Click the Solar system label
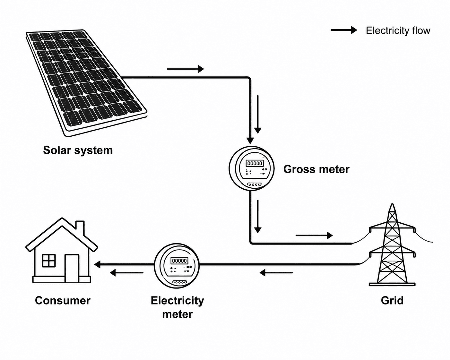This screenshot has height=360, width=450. pos(78,150)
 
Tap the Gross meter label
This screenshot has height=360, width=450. pos(316,169)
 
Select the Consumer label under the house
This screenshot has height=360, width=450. pos(63,301)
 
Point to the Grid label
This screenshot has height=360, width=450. pos(392,301)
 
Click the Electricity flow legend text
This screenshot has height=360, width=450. pos(398,30)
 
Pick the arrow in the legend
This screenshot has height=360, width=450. pos(344,30)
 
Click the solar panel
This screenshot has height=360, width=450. pos(87,83)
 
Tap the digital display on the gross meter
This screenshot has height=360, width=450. pos(255,163)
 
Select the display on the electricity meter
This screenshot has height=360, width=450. pos(179,261)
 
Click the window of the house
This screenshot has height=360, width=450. pos(49,261)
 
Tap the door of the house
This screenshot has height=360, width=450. pos(72,268)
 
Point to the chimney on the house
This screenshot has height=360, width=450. pos(80,228)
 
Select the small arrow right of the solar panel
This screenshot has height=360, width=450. pos(185,69)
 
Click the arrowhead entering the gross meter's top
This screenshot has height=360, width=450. pos(250,141)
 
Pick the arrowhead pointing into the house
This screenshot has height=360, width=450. pos(98,264)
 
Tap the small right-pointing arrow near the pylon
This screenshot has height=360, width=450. pos(314,236)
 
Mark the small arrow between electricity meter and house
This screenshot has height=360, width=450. pos(127,273)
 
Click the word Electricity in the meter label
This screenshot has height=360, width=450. pos(177,301)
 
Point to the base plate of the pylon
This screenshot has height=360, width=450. pos(392,284)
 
